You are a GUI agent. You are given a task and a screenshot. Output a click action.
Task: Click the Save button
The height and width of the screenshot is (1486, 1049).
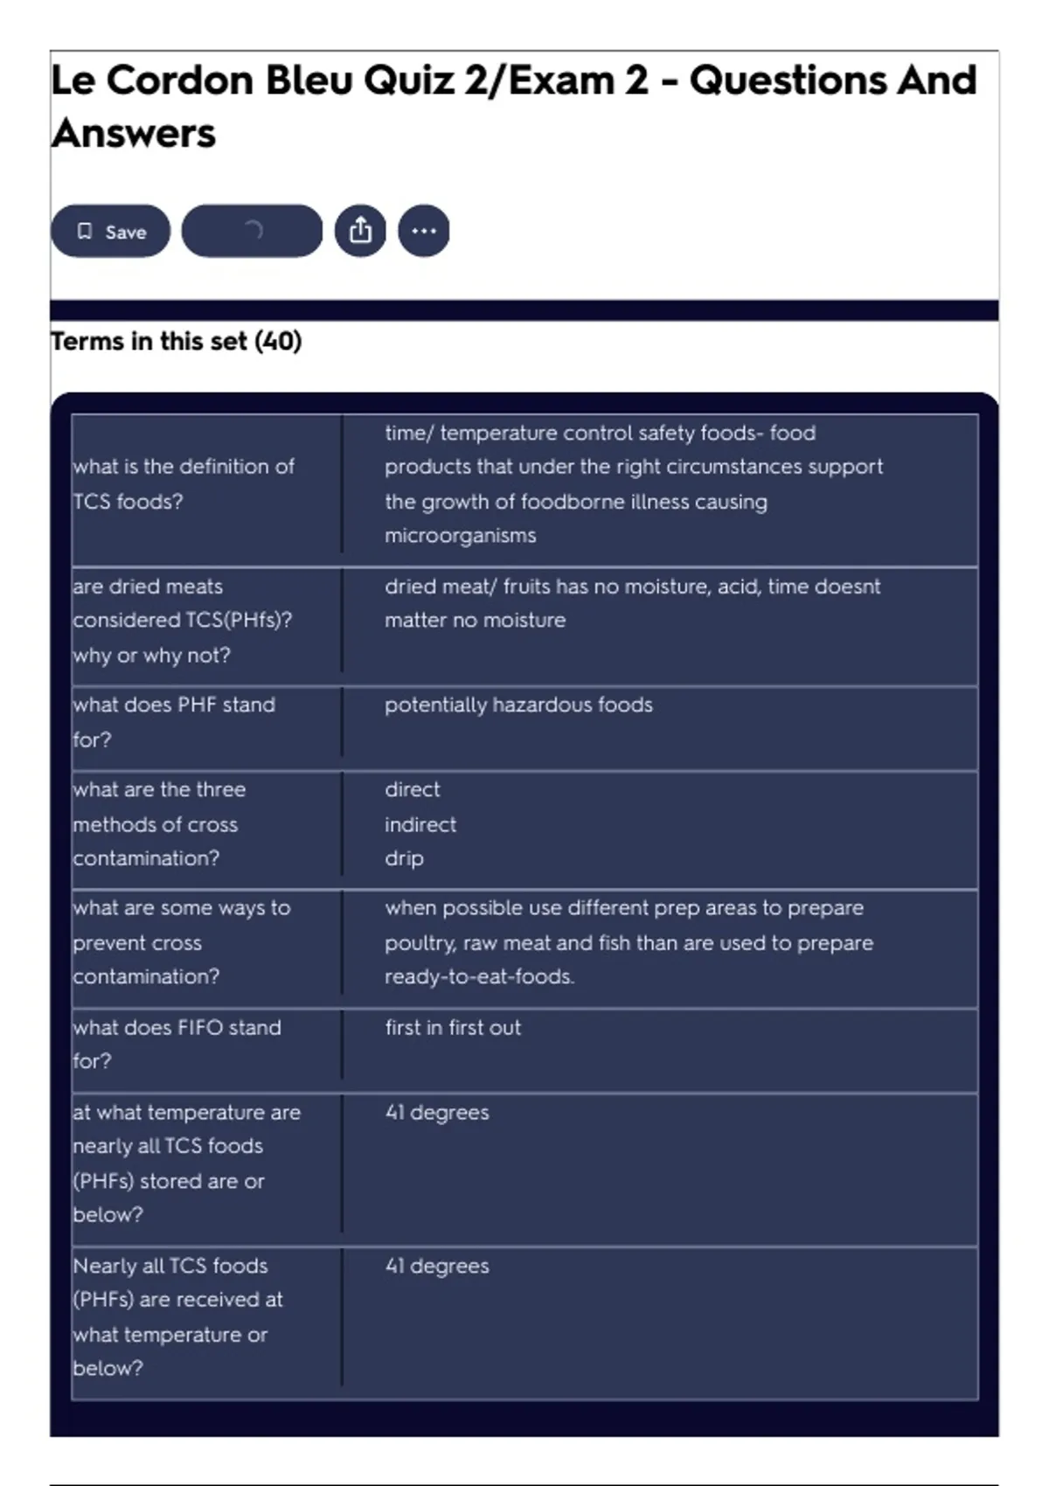tap(110, 232)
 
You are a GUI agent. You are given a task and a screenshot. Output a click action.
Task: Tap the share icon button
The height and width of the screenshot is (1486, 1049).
tap(360, 231)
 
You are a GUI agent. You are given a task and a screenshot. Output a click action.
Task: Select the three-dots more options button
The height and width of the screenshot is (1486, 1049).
tap(424, 231)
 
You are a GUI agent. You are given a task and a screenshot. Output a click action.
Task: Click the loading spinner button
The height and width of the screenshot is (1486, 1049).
tap(252, 231)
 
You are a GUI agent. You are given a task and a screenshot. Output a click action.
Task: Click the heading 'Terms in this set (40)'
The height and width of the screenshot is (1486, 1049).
tap(177, 341)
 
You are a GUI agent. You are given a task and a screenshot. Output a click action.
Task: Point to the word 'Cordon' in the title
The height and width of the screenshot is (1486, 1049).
tap(180, 80)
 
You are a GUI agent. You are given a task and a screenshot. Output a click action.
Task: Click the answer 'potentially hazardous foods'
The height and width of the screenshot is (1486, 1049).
tap(518, 705)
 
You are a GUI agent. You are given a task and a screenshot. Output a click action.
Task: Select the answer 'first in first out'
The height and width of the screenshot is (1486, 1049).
tap(453, 1028)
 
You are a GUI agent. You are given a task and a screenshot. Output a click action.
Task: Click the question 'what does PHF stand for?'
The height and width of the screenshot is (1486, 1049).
tap(174, 722)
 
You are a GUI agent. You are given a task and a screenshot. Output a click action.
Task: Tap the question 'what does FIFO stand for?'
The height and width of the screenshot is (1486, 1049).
tap(177, 1044)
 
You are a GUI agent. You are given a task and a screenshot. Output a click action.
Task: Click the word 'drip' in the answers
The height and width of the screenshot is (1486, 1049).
tap(404, 858)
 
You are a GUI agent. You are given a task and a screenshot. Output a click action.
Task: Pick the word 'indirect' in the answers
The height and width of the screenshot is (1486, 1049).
tap(420, 824)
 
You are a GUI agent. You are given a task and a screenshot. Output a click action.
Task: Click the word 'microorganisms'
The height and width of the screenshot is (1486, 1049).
tap(461, 536)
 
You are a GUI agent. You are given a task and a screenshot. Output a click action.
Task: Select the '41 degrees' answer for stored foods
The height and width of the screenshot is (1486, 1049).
tap(437, 1113)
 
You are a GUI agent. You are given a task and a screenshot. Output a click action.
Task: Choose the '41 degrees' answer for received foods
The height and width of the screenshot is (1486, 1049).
tap(437, 1267)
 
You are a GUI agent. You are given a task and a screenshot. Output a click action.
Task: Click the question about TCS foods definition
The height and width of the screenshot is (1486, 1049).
tap(184, 483)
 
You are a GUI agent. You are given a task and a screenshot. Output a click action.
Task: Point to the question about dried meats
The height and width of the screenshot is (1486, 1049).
tap(182, 621)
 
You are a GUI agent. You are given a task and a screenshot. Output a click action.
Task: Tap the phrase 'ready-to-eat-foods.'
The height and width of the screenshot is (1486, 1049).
tap(480, 977)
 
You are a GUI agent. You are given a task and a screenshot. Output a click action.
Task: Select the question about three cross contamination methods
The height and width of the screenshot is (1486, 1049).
tap(159, 824)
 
